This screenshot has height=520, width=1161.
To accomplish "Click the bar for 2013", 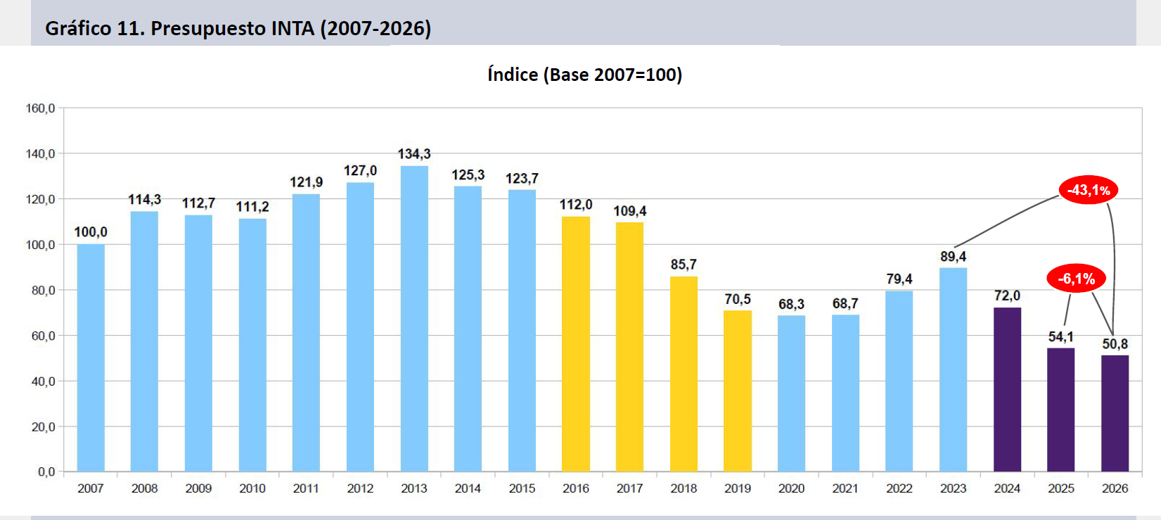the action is (414, 319).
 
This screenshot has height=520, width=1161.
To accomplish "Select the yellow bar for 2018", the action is (684, 374).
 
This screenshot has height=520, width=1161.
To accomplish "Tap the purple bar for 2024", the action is (1007, 389).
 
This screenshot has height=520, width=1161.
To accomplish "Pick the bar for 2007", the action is (91, 357).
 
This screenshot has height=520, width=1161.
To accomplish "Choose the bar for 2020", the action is (791, 393).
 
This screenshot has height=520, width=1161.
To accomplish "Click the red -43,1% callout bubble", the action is (1089, 190).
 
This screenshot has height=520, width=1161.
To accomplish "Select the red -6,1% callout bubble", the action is (1077, 279).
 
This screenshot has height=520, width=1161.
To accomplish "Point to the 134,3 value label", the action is (414, 154).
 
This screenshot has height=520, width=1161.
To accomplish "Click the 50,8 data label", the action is (1115, 343).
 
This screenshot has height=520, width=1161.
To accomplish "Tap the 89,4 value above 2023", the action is (953, 256).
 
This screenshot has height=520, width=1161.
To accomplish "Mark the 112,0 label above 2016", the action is (576, 205).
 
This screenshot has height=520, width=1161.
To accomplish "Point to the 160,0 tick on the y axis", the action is (40, 108).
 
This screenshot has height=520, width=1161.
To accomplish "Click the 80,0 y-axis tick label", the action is (43, 291).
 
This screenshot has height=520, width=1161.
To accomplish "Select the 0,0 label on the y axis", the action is (46, 471).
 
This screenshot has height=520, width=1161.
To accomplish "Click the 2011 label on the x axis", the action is (307, 488).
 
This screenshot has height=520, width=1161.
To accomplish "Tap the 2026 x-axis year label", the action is (1115, 488).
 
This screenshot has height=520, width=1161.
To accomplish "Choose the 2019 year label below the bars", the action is (738, 488).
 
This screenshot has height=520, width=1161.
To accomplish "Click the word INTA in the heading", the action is (293, 28).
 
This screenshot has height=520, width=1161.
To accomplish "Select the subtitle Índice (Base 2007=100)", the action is (584, 75).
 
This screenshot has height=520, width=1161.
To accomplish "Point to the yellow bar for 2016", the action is (576, 344).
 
